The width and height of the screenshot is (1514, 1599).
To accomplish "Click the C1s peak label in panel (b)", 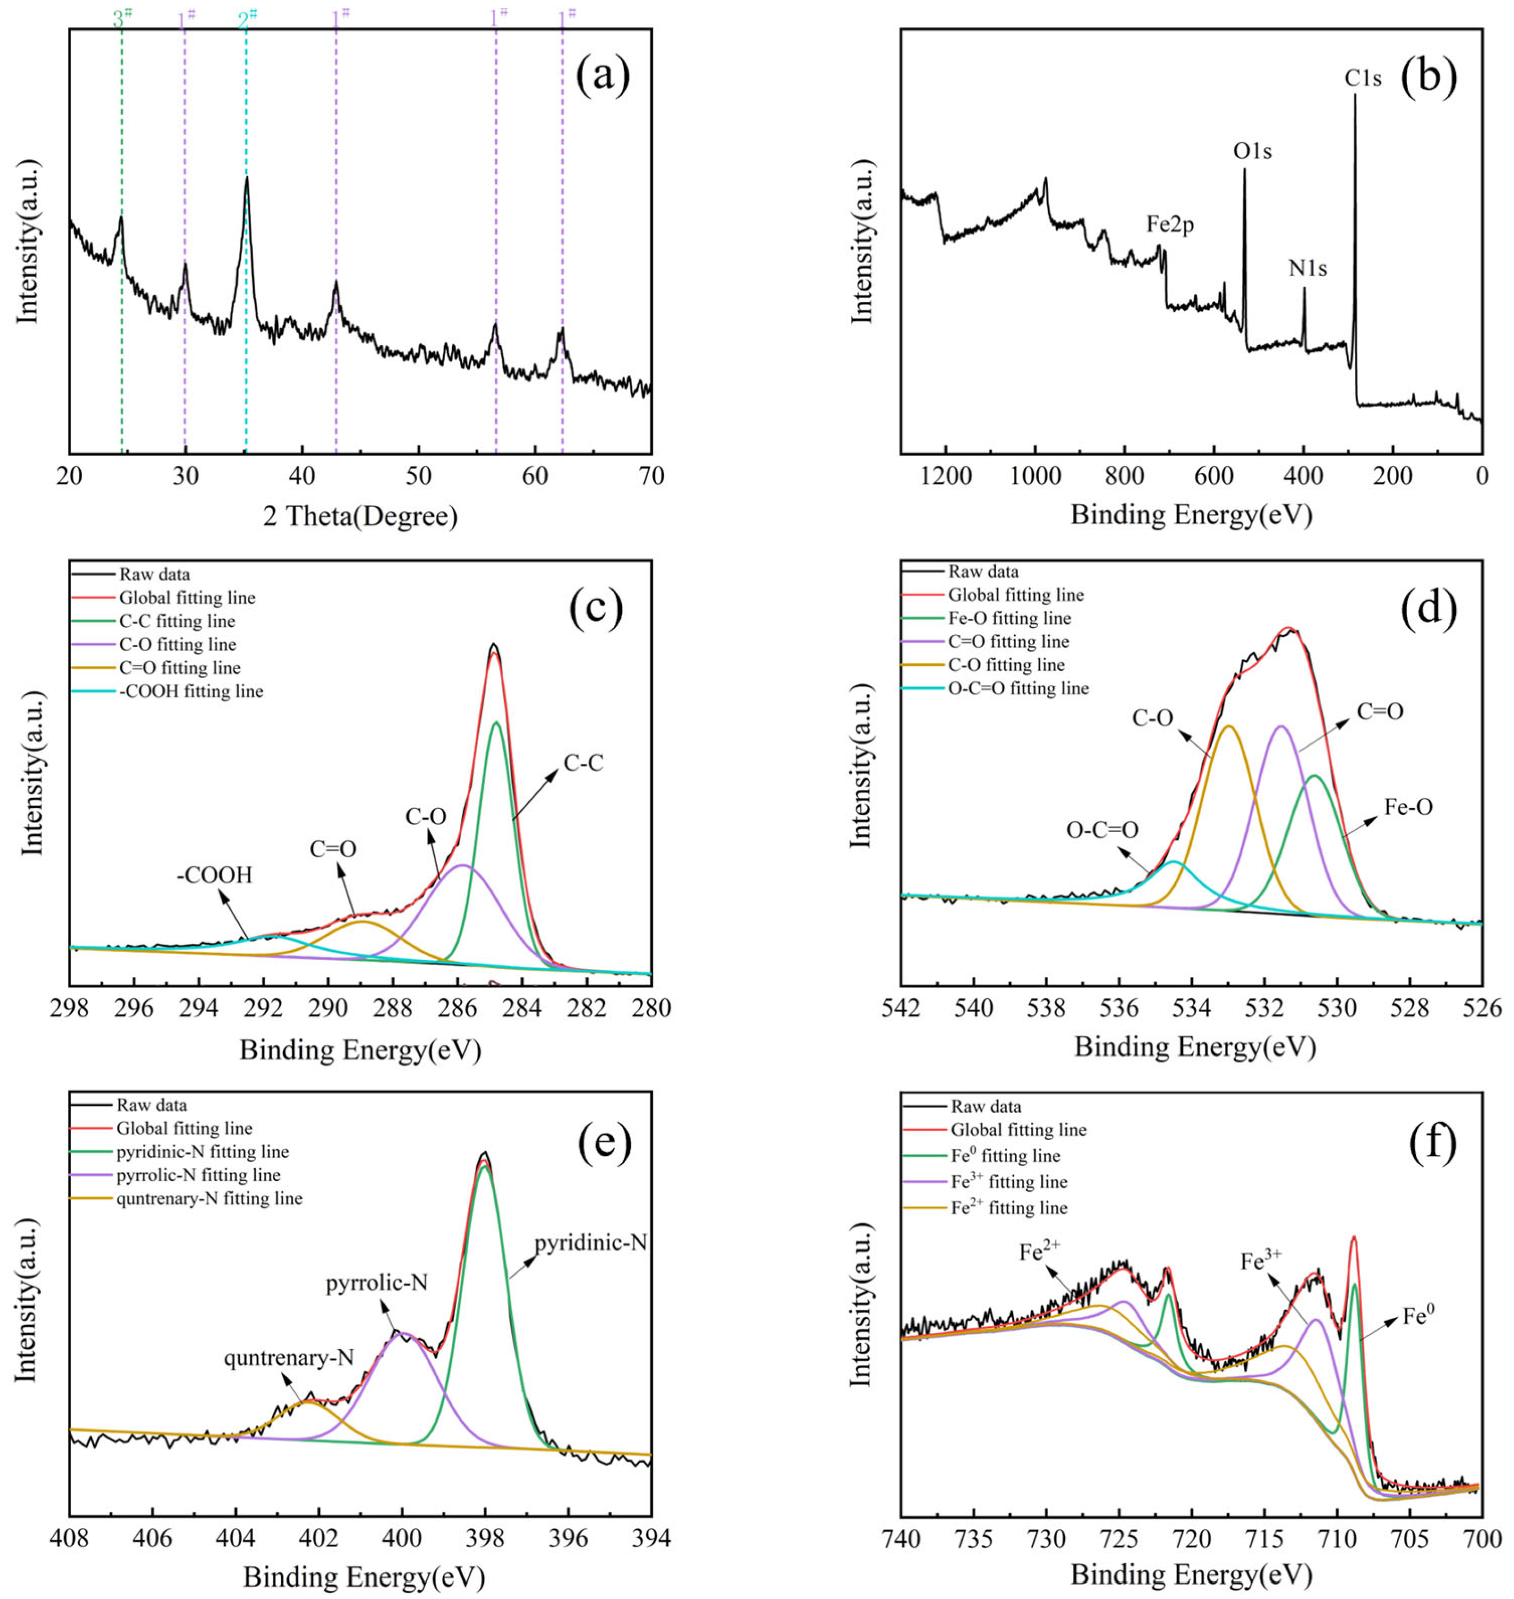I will coord(1362,79).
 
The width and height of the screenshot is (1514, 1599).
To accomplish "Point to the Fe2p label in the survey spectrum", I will coord(1169,224).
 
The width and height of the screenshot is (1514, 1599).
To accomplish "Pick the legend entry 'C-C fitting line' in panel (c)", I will coord(177,620).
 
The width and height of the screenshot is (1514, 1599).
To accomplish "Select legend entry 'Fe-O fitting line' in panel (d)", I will coord(1009,618).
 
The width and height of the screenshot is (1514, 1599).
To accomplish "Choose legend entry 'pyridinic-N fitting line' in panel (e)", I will coord(202,1152).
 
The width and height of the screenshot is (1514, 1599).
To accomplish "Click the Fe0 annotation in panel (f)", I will coord(1418,1316).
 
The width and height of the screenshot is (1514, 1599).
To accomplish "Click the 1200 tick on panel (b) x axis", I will coord(946,476).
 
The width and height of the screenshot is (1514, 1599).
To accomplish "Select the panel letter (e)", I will coord(604,1140).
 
